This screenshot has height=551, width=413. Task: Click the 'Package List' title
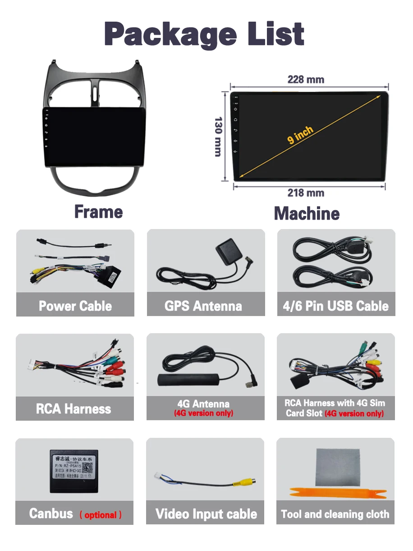(204, 34)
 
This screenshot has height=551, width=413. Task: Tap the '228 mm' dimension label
(306, 80)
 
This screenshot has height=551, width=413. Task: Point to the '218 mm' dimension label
(306, 193)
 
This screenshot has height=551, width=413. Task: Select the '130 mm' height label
(218, 137)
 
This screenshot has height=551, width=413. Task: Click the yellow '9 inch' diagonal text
(300, 135)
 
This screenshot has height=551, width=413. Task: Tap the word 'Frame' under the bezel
(98, 212)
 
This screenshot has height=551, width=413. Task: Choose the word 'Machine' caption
(307, 213)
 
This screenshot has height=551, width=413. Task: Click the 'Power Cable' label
(75, 306)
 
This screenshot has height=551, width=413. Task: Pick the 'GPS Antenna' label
(203, 306)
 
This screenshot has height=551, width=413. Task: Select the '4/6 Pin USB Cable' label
(335, 306)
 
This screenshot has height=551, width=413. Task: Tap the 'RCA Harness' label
(73, 409)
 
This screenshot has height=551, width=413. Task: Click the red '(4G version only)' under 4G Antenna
(204, 413)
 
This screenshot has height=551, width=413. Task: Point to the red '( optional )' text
(101, 515)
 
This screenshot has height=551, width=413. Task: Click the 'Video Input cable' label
(206, 514)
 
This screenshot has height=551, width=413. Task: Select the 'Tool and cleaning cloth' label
(335, 514)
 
